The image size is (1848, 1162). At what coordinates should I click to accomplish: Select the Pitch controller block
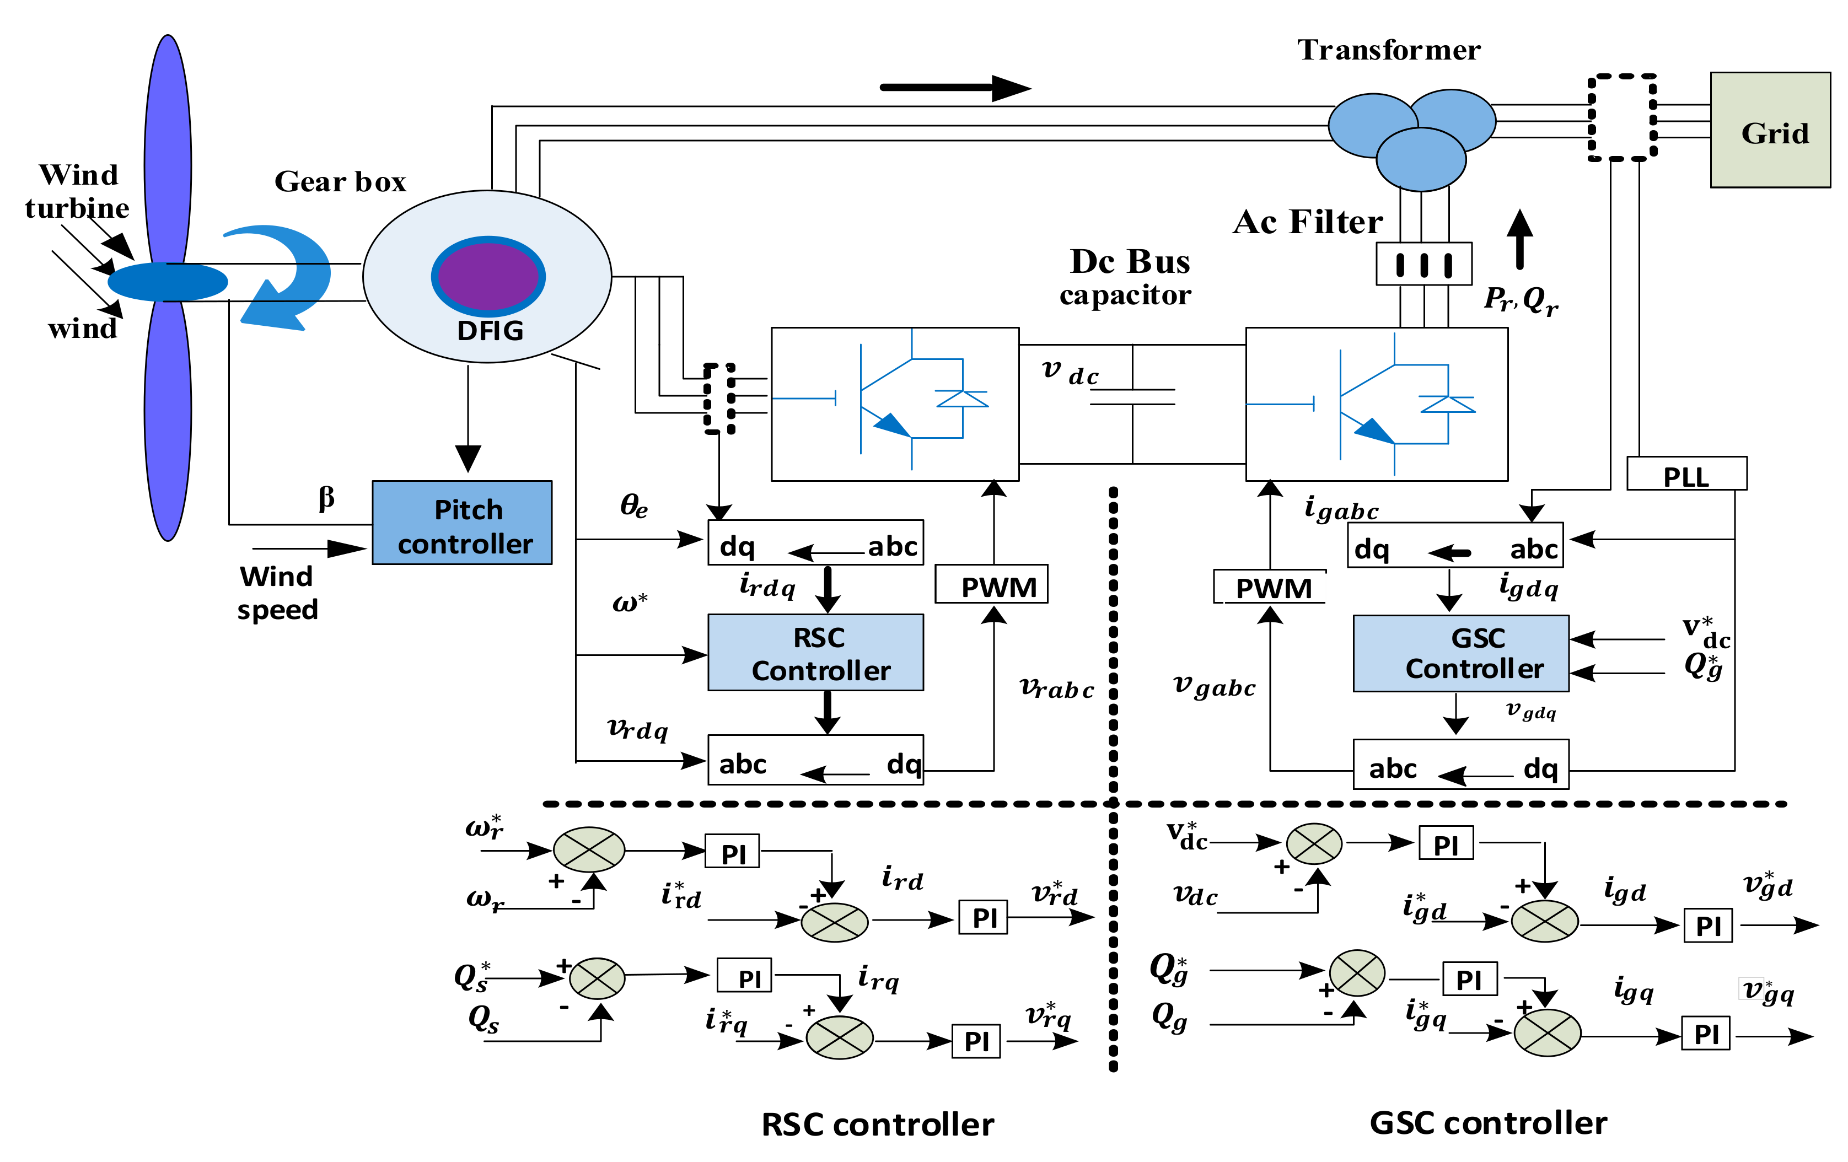click(462, 523)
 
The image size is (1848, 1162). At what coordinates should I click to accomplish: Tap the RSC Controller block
click(815, 652)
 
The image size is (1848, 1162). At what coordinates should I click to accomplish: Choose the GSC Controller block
click(1460, 653)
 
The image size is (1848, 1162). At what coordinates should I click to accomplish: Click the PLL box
click(1686, 474)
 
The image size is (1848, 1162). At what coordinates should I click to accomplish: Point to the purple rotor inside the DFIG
click(488, 276)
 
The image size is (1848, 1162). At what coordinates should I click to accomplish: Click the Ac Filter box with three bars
click(1423, 264)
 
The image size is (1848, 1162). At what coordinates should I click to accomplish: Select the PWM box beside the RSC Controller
click(991, 585)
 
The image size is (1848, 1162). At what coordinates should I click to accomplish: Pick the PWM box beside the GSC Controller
click(1270, 587)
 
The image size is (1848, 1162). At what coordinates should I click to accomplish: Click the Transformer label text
click(1388, 50)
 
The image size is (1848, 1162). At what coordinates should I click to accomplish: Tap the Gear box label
click(340, 182)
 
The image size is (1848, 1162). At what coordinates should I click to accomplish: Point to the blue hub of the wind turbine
click(167, 282)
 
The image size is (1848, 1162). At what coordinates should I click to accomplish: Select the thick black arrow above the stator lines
click(955, 88)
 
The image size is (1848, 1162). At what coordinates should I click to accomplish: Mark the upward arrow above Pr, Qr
click(1519, 239)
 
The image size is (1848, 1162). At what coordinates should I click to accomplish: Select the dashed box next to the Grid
click(1621, 117)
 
